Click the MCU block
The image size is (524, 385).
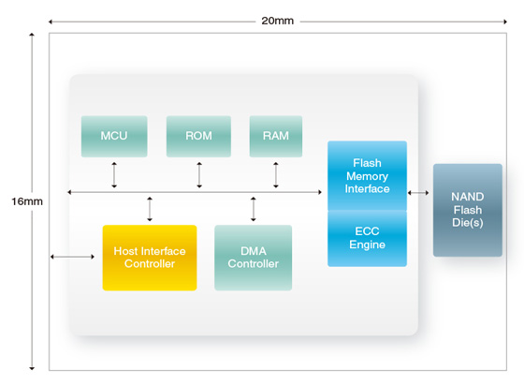coord(114,137)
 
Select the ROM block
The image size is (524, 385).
coord(198,137)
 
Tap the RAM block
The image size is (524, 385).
coord(276,137)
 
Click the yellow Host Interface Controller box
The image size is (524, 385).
coord(150,258)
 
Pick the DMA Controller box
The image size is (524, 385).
coord(254,258)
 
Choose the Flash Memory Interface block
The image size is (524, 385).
coord(367,176)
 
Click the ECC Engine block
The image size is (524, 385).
coord(367,239)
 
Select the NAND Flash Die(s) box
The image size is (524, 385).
coord(468,210)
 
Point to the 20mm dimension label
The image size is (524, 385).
coord(277,21)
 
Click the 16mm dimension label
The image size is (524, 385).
coord(27,201)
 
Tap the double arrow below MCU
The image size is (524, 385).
coord(114,175)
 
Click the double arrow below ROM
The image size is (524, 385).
coord(199,175)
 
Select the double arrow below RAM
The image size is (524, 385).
coord(276,175)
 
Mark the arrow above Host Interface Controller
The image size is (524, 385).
coord(150,209)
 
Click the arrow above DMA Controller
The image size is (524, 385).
coord(254,209)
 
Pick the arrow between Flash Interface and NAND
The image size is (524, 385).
coord(418,193)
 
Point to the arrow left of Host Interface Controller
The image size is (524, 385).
coord(72,257)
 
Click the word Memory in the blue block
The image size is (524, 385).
coord(367,176)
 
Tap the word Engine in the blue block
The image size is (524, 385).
coord(367,244)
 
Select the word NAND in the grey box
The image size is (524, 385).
coord(468,197)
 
